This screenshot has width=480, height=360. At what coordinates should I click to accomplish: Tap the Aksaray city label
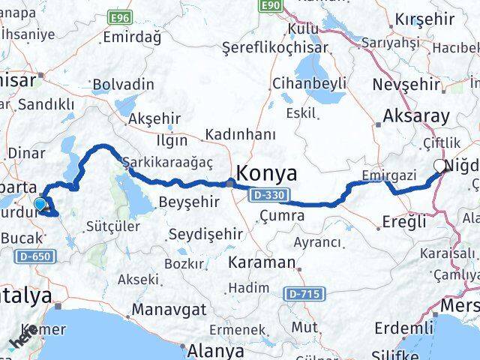pyautogui.click(x=416, y=116)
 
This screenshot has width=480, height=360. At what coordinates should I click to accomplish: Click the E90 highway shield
pyautogui.click(x=271, y=6)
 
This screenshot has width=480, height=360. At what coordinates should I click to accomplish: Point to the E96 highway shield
pyautogui.click(x=119, y=16)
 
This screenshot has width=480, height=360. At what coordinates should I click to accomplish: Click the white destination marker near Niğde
pyautogui.click(x=440, y=166)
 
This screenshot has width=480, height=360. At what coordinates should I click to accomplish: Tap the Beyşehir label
pyautogui.click(x=190, y=202)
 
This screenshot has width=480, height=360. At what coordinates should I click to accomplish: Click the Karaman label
pyautogui.click(x=262, y=263)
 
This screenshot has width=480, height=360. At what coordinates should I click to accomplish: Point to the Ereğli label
pyautogui.click(x=403, y=221)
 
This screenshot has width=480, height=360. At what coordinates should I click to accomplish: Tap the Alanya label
pyautogui.click(x=217, y=350)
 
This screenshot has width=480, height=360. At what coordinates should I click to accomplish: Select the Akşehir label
pyautogui.click(x=155, y=118)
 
